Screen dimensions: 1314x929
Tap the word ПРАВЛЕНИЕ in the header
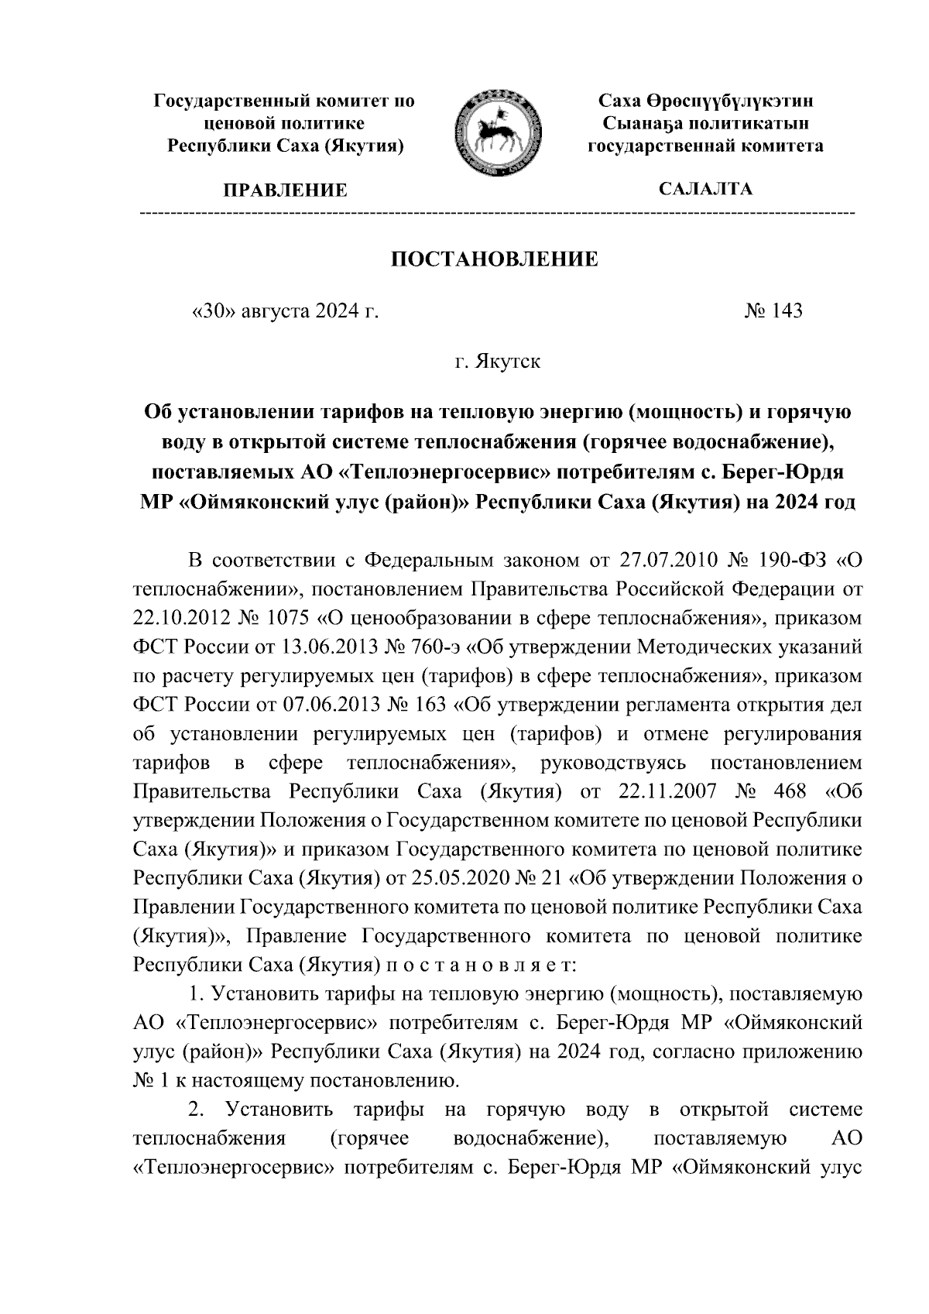pos(285,190)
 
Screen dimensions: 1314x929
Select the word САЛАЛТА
pos(704,189)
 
